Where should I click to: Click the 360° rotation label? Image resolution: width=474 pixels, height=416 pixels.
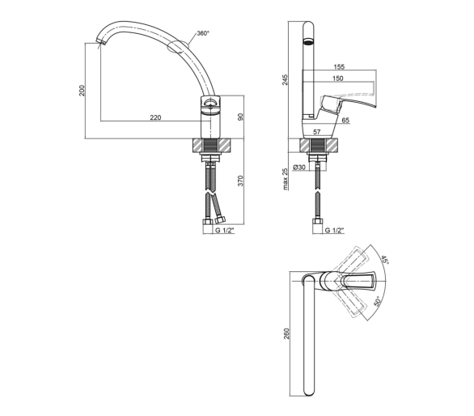coord(203,33)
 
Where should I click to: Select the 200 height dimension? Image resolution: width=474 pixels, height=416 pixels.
coord(82,91)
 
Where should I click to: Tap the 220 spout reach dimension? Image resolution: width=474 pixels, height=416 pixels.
coord(155,117)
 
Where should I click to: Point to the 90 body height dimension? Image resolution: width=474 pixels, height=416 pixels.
coord(240,117)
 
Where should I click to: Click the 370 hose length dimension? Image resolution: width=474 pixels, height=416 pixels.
coord(240,180)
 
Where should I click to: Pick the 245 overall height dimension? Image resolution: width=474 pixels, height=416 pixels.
coord(285,79)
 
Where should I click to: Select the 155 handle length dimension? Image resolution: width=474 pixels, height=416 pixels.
coord(339,66)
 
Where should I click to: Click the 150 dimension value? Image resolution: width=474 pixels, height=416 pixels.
coord(337,79)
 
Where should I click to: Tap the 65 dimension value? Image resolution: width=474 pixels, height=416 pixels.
coord(345,120)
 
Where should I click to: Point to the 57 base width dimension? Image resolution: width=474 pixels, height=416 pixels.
coord(316,132)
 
